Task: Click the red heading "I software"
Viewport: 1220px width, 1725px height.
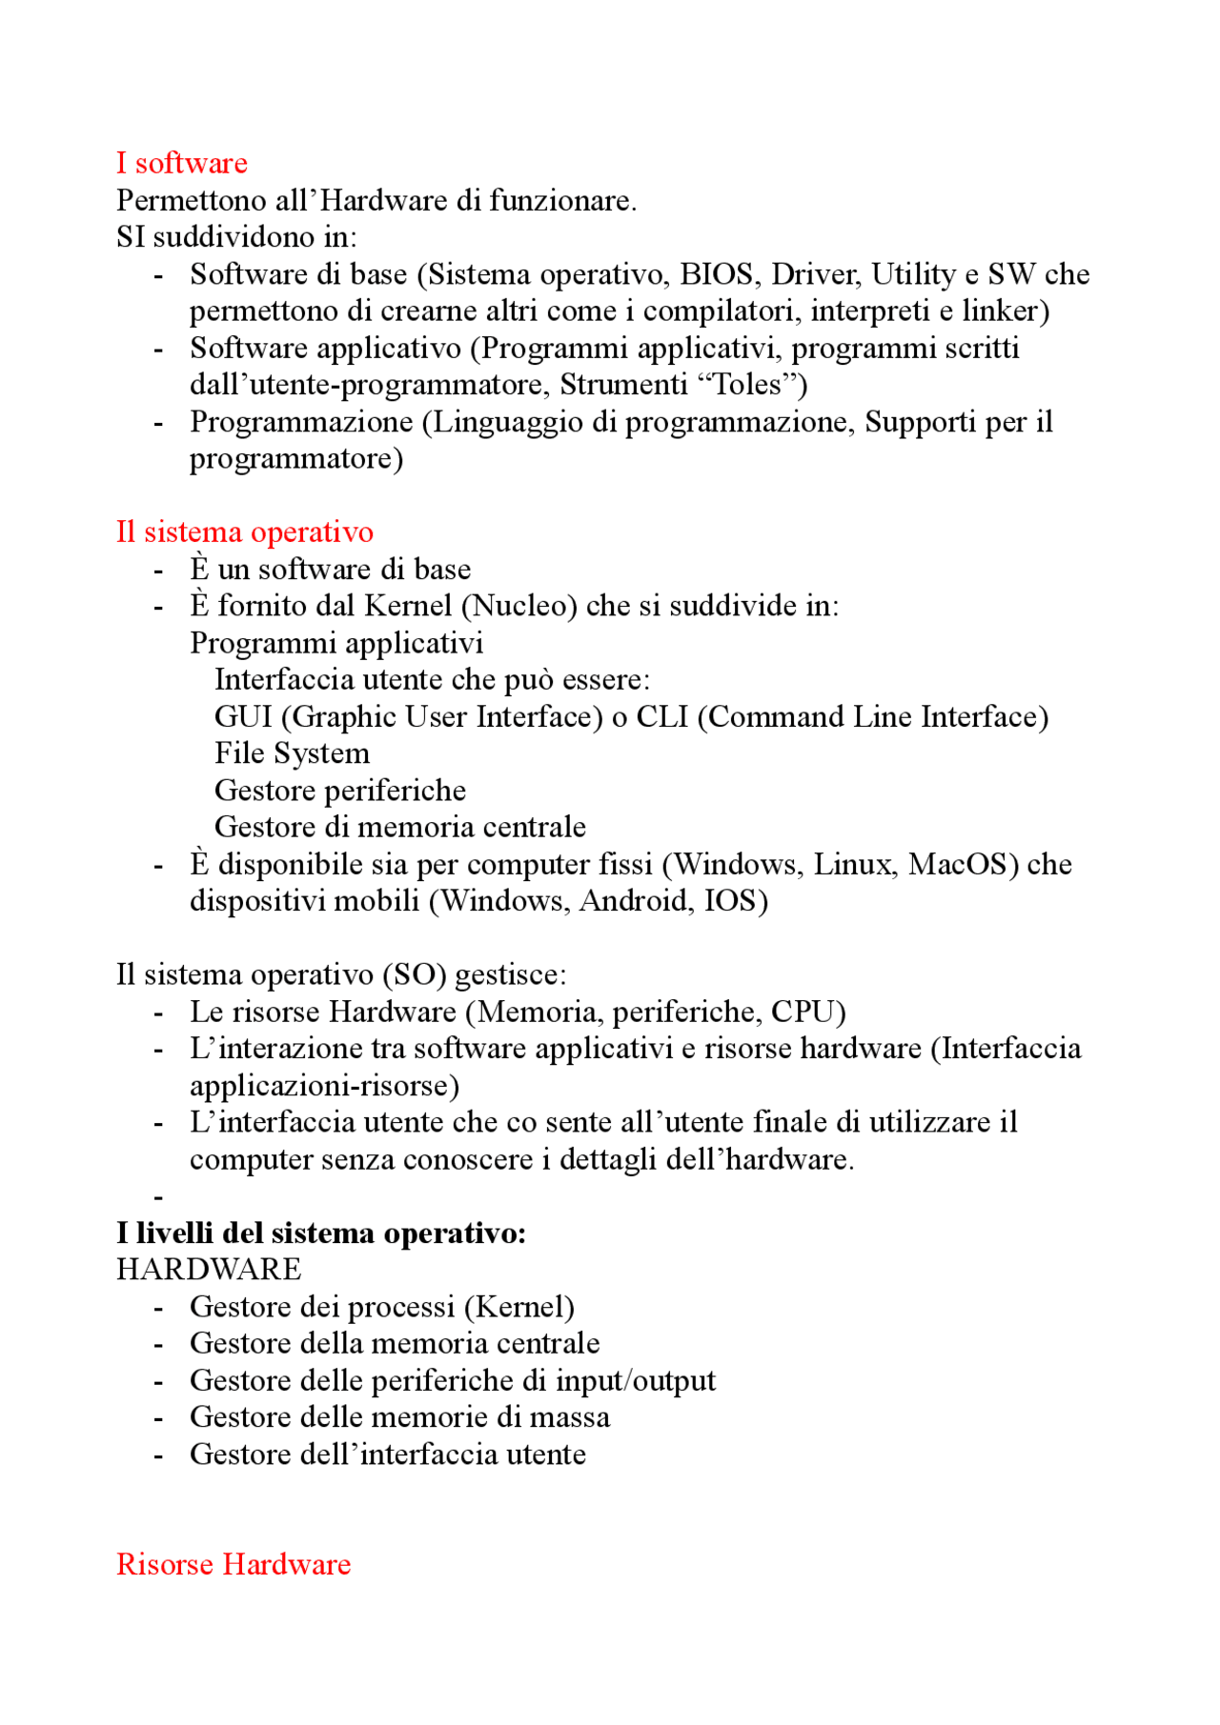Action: click(181, 163)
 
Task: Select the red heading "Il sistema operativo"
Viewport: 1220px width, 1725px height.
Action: click(245, 532)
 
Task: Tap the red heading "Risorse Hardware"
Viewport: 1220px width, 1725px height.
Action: click(234, 1564)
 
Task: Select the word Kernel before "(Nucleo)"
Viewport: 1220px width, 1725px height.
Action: click(408, 606)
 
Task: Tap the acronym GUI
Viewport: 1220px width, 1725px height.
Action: click(243, 716)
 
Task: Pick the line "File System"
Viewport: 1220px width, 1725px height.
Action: click(292, 753)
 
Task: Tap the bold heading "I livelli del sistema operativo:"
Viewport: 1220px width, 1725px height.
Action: click(321, 1234)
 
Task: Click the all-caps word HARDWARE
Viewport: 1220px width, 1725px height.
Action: click(209, 1270)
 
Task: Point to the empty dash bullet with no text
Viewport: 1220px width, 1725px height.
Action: click(158, 1196)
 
